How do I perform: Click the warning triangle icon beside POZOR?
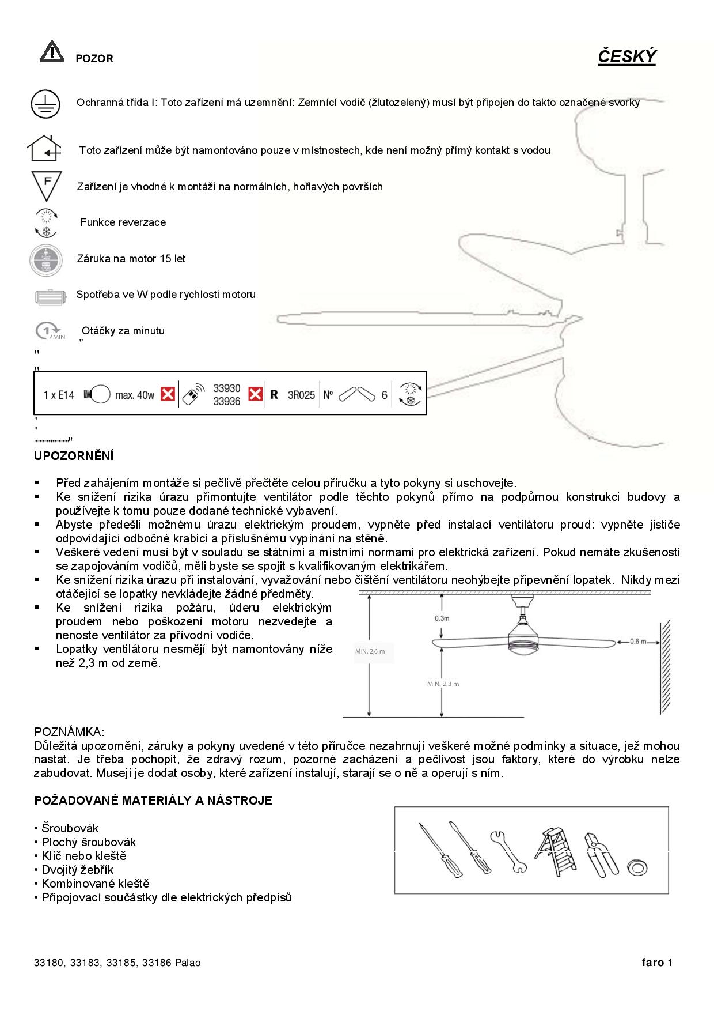click(x=52, y=51)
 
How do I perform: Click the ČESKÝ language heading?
click(x=626, y=56)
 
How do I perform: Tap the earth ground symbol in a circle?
click(x=45, y=104)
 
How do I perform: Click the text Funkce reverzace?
click(x=123, y=222)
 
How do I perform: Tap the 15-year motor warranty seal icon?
click(x=45, y=260)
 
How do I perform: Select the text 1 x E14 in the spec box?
click(x=59, y=395)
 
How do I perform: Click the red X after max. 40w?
click(x=168, y=394)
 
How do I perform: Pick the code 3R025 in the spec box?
click(x=301, y=395)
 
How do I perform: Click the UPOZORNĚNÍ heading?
click(x=74, y=456)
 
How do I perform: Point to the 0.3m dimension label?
click(x=442, y=618)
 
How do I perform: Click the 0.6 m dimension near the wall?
click(x=637, y=642)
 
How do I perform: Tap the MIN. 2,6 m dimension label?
click(x=370, y=651)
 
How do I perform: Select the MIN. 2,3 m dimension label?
click(x=443, y=684)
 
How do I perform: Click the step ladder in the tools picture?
click(x=556, y=851)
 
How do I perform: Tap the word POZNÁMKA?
click(x=69, y=732)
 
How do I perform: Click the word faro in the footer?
click(x=653, y=962)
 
